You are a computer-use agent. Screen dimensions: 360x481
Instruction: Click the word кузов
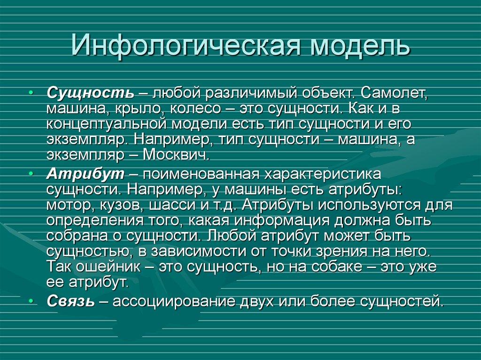[124, 205]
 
